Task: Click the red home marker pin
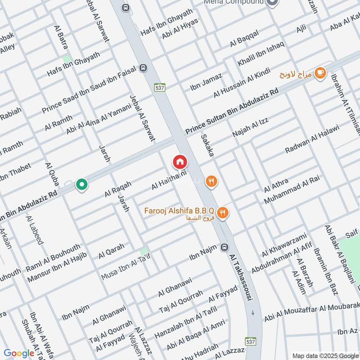(180, 161)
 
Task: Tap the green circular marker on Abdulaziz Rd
(81, 184)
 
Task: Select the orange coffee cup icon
(320, 72)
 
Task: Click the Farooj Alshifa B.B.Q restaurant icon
(222, 213)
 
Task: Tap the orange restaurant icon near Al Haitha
(211, 181)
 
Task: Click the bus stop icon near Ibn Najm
(225, 247)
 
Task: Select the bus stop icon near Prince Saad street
(143, 67)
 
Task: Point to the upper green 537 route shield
(159, 87)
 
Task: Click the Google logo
(19, 353)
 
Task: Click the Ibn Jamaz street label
(206, 82)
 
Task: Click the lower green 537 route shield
(251, 342)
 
